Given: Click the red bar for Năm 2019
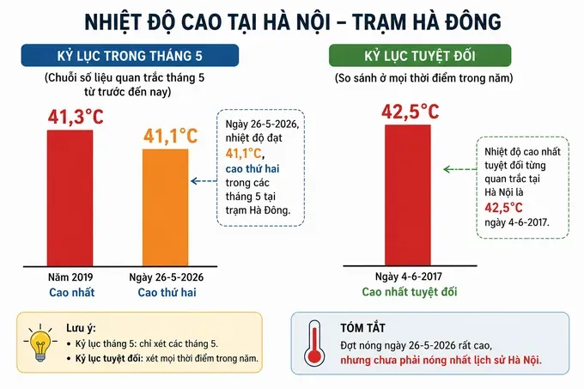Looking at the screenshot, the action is [x=70, y=198].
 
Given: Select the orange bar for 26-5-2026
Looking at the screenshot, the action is [x=166, y=208].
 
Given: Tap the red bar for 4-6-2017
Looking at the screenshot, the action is [x=408, y=195].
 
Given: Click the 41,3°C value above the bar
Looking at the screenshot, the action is [x=76, y=117].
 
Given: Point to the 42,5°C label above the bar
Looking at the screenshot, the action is [x=411, y=112].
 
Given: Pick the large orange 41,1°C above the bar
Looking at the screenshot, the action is [x=171, y=136].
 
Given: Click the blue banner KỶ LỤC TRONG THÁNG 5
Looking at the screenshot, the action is [x=130, y=56].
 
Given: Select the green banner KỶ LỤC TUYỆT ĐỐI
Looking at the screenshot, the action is [x=420, y=56].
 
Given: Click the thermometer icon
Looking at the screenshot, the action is [x=314, y=343].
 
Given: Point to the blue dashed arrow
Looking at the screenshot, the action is [x=204, y=181].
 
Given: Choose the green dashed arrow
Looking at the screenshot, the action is [x=460, y=169].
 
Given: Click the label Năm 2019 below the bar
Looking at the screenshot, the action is [x=70, y=277].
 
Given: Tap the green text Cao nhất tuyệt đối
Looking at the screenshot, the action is [x=410, y=292].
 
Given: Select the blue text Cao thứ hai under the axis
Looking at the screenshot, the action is [x=167, y=292].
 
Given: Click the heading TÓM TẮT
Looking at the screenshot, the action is [x=362, y=328].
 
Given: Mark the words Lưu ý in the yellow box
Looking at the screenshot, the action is [x=81, y=328].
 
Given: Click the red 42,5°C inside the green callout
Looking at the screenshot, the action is [x=503, y=207].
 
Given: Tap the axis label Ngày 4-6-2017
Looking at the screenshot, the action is [x=409, y=277].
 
